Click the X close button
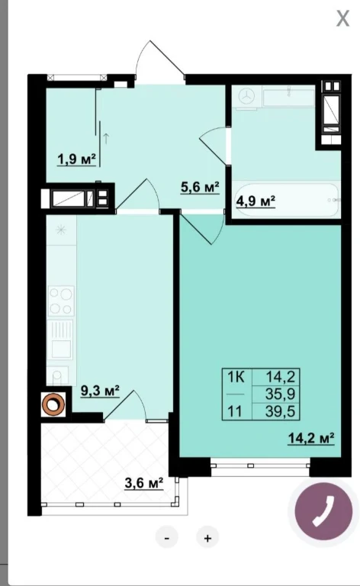coord(342,18)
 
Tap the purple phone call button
coord(323,511)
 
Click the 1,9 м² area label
coord(76,159)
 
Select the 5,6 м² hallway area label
coord(199,187)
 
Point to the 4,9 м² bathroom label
coord(256,201)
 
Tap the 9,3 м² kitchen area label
coord(100,391)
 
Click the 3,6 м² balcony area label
coord(144,483)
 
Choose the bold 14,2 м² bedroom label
coord(310,438)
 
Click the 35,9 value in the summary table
coord(280,394)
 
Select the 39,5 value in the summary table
coord(280,411)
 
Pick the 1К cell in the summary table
coord(236,378)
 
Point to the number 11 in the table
coord(234,411)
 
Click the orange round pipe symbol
coord(53,404)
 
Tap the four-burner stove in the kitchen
coord(61,301)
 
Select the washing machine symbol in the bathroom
coord(246,97)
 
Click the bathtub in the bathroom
coord(287,199)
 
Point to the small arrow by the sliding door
coord(106,139)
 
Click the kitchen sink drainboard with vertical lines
coord(61,329)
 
